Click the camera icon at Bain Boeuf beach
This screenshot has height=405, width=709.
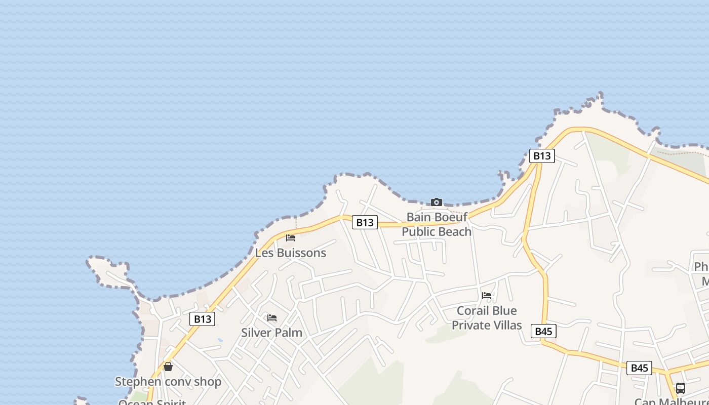436,202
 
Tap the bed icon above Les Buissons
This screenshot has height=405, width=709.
291,237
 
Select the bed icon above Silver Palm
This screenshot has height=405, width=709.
272,318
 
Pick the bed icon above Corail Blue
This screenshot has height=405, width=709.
487,295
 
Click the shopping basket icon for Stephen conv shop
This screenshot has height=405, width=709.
168,367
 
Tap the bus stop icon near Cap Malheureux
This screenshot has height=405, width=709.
681,388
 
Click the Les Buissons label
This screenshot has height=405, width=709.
291,253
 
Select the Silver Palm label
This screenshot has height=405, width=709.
271,333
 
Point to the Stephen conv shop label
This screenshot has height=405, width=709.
168,381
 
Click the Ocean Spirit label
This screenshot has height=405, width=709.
152,402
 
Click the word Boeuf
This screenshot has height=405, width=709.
451,218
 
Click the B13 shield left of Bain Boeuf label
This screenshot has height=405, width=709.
365,222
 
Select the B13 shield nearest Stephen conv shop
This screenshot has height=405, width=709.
202,319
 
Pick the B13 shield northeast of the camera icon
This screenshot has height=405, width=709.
542,155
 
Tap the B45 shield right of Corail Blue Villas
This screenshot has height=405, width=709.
543,332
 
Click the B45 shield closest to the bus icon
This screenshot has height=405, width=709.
639,368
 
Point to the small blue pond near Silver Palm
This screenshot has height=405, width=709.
219,340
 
